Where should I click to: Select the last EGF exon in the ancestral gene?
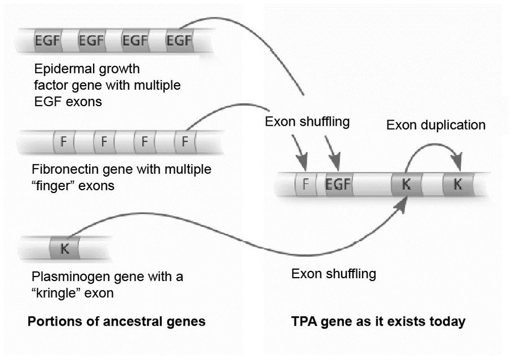click(179, 40)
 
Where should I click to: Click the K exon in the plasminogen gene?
click(64, 248)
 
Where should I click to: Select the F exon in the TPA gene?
click(306, 185)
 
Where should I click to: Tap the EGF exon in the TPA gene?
click(338, 185)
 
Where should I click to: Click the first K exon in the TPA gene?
click(405, 185)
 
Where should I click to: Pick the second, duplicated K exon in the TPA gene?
click(458, 185)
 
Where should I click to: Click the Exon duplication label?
click(435, 125)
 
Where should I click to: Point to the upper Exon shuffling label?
click(307, 121)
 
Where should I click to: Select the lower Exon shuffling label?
click(333, 274)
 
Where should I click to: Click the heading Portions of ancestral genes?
click(116, 322)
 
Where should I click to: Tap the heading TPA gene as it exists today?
click(378, 322)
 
